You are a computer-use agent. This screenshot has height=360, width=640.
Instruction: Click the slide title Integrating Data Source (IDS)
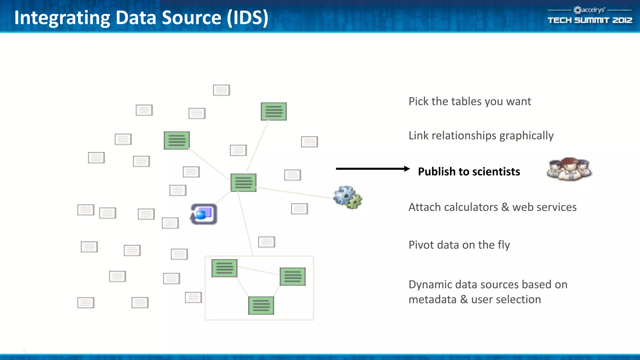(x=141, y=17)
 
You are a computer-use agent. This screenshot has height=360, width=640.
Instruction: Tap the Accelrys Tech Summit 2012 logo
(x=590, y=16)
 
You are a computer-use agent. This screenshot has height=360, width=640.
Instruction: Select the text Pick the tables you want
(x=470, y=102)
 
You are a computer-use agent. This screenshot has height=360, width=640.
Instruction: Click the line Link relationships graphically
(x=481, y=136)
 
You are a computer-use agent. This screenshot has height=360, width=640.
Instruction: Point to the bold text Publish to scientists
(x=469, y=172)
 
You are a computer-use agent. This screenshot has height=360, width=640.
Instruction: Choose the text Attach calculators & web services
(x=492, y=207)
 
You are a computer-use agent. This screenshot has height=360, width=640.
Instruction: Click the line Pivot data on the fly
(x=459, y=245)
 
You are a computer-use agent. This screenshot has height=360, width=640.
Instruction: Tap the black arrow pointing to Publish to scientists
(x=372, y=169)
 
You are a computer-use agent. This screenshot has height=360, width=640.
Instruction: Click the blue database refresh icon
(x=204, y=214)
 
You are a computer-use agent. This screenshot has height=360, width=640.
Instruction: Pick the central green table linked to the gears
(x=243, y=182)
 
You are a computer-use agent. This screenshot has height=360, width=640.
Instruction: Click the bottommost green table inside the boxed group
(x=261, y=305)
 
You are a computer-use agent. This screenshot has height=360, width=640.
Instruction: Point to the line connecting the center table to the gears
(x=294, y=192)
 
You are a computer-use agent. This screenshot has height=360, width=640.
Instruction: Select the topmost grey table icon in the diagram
(x=221, y=90)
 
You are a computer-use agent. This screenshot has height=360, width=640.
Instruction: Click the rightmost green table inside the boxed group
(x=292, y=277)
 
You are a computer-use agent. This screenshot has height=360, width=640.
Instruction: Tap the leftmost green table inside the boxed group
(x=224, y=268)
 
